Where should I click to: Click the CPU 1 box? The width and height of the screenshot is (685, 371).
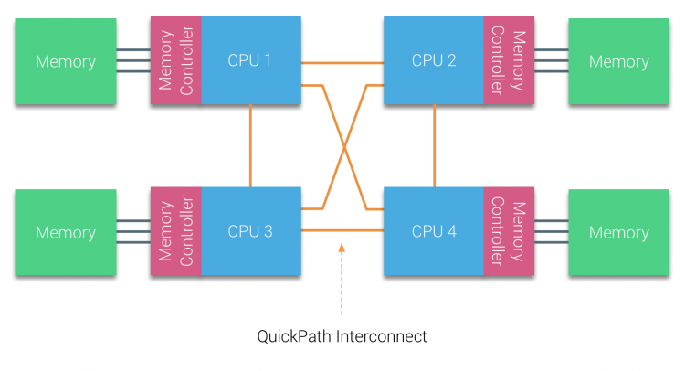[x=250, y=60]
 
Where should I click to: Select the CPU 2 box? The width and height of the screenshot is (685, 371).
[x=434, y=60]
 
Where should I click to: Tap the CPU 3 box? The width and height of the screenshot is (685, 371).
[x=250, y=231]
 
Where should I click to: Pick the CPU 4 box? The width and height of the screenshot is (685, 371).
[x=434, y=231]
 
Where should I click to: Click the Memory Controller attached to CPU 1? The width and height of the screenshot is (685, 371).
[x=175, y=60]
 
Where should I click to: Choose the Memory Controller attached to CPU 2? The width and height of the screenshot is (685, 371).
[x=509, y=60]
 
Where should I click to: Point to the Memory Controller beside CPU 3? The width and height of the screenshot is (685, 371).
[x=175, y=231]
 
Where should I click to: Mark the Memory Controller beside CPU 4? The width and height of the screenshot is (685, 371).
[x=509, y=231]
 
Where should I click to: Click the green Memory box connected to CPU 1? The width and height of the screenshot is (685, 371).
[x=65, y=61]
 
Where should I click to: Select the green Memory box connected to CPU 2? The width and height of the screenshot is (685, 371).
[x=618, y=61]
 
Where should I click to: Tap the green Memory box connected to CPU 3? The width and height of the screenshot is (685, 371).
[x=65, y=232]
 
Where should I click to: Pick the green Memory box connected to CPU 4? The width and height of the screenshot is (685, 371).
[x=618, y=232]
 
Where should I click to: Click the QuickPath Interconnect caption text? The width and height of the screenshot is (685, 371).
[x=342, y=336]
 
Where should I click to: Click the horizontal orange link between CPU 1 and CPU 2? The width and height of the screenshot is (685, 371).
[x=342, y=62]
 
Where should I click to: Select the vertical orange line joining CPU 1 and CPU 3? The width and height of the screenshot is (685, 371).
[x=250, y=145]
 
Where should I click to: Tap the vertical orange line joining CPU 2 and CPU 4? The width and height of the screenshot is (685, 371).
[x=434, y=145]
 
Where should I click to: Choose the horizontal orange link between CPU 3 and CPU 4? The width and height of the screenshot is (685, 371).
[x=342, y=231]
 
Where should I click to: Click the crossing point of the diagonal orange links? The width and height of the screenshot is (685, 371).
[x=345, y=147]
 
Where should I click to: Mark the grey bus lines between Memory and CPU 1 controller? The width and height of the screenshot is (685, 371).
[x=133, y=61]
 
